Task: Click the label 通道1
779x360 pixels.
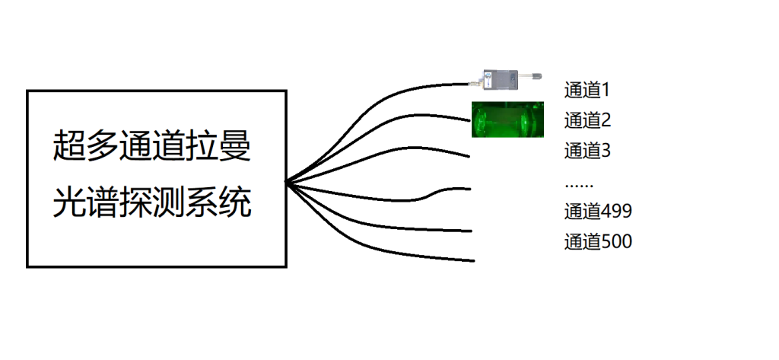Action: click(x=587, y=91)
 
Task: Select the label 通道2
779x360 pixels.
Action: click(x=588, y=120)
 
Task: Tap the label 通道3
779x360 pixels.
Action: click(x=588, y=150)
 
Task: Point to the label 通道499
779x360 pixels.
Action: click(x=598, y=212)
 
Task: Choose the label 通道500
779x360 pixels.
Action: click(x=598, y=242)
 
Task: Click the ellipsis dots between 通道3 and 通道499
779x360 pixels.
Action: click(x=579, y=186)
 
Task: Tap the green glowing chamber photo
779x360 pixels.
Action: click(x=507, y=119)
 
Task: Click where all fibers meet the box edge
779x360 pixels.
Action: click(x=287, y=183)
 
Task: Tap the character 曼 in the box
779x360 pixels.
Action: click(x=234, y=145)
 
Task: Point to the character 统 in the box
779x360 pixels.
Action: click(x=234, y=202)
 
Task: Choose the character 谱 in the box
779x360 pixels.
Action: click(x=102, y=202)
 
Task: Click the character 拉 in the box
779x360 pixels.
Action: click(x=201, y=145)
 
